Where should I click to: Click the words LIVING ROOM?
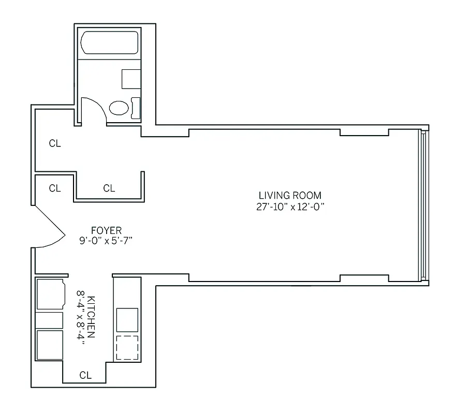pos(290,196)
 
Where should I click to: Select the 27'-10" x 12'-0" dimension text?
pos(290,206)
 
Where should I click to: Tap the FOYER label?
pos(106,230)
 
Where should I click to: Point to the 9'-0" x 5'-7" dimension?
pos(106,241)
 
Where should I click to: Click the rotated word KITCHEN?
pos(92,317)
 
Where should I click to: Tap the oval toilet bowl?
pos(119,108)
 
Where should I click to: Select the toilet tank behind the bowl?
pos(136,108)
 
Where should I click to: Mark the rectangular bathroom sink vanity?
pos(131,79)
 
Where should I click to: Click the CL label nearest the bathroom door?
pos(55,144)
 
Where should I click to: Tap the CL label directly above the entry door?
pos(55,188)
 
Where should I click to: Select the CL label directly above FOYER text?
pos(109,188)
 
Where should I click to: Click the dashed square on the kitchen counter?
pos(127,347)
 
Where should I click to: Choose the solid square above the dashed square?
pos(127,319)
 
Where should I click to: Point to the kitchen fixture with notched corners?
pos(50,294)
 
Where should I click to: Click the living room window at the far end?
pos(424,204)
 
